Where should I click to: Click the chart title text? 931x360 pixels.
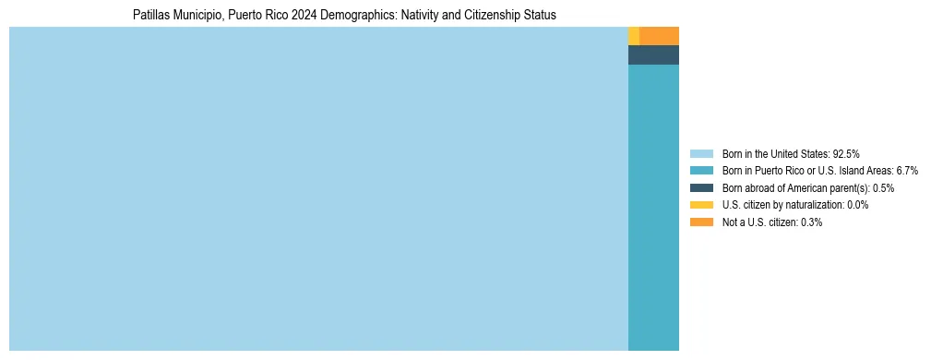pos(344,16)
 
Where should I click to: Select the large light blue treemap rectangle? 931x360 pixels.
pos(318,188)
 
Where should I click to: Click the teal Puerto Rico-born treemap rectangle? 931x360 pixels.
pos(653,207)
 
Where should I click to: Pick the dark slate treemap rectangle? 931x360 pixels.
pos(653,54)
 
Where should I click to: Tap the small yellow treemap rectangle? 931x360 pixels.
pos(634,36)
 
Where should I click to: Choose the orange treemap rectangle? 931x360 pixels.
pos(659,36)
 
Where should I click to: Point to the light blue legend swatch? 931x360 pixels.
pos(701,153)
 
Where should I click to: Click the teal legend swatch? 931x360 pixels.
pos(701,171)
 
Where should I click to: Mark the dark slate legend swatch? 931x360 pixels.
pos(701,187)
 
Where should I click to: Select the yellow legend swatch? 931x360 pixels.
pos(701,205)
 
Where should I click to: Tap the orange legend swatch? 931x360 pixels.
pos(701,222)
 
